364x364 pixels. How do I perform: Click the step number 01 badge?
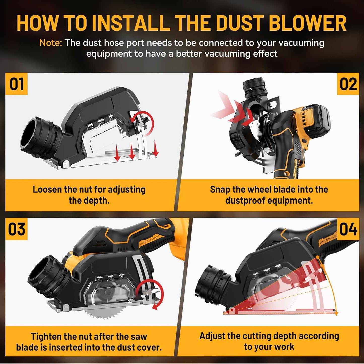tap(16, 84)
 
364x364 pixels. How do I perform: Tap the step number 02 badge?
tap(348, 84)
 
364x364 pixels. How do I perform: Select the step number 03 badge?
tap(16, 229)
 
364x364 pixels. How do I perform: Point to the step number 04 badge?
tap(348, 229)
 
